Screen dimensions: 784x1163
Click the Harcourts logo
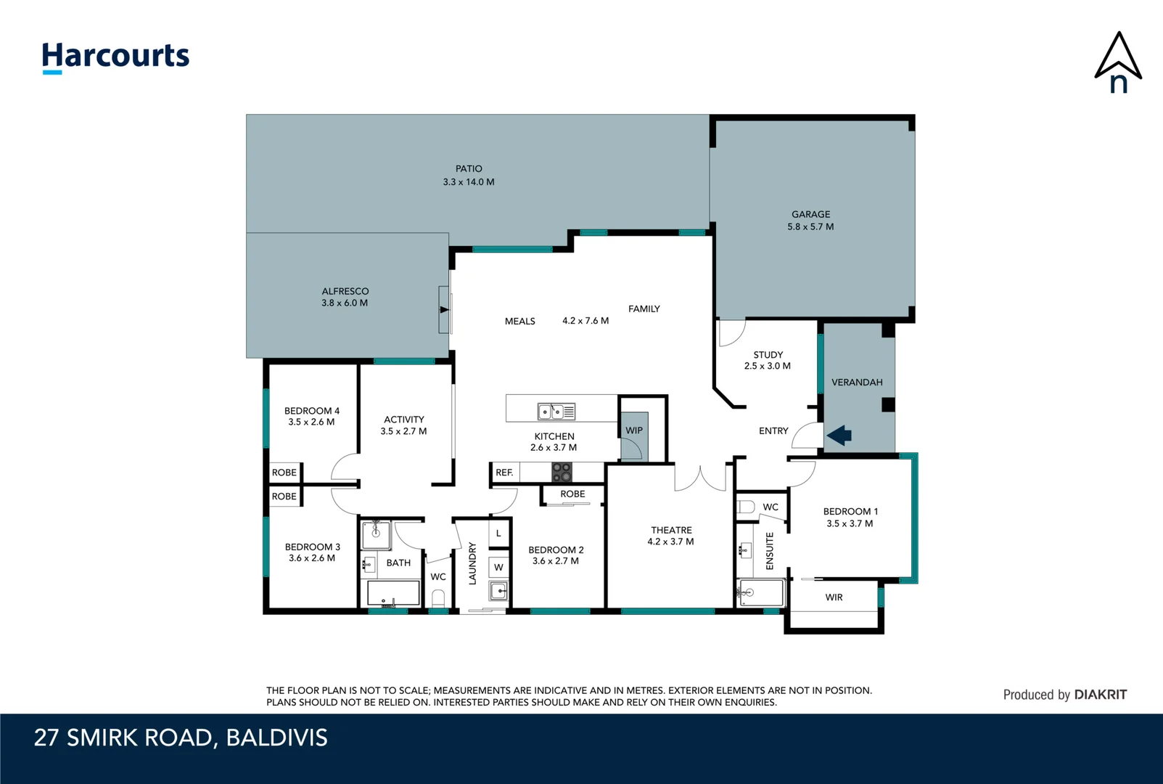115,57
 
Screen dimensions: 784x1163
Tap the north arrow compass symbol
1118,62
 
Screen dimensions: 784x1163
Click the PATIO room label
469,168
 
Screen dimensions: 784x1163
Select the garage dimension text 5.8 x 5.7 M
810,226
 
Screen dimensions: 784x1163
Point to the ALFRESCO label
345,291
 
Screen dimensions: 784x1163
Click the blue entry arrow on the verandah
839,436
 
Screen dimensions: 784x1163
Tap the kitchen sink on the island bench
556,412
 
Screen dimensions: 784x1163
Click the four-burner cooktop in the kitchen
562,473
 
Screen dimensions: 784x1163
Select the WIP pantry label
634,430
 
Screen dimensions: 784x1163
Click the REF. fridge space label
504,473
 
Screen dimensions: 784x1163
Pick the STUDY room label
768,355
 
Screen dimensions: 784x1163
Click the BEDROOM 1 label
850,511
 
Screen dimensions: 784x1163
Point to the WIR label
834,597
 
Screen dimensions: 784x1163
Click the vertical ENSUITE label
770,550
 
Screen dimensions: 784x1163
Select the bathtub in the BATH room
393,593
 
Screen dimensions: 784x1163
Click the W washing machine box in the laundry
498,567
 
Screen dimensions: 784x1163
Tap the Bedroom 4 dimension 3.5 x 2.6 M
311,422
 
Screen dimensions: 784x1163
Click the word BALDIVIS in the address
276,738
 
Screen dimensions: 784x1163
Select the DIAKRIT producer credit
1100,695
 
